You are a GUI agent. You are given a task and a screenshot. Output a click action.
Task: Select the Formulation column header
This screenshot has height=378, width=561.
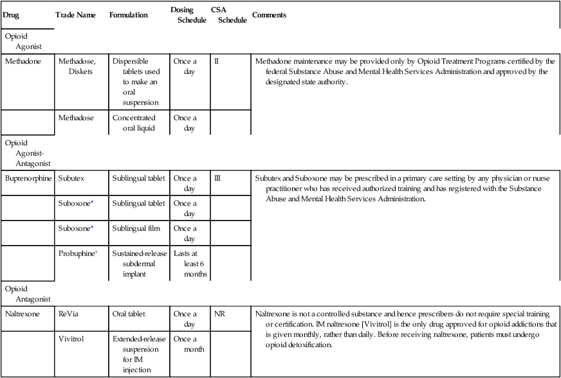(129, 15)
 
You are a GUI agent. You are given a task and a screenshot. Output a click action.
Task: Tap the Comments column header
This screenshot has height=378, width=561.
(270, 15)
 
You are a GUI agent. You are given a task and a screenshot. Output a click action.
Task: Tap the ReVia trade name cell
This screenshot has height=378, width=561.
(69, 314)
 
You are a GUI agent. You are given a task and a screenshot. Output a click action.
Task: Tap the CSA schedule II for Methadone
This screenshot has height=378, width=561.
(217, 62)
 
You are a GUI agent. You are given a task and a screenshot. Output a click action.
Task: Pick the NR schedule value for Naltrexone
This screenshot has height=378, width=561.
(219, 314)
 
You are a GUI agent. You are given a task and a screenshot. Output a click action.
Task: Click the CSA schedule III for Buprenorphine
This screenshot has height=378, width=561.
(217, 177)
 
